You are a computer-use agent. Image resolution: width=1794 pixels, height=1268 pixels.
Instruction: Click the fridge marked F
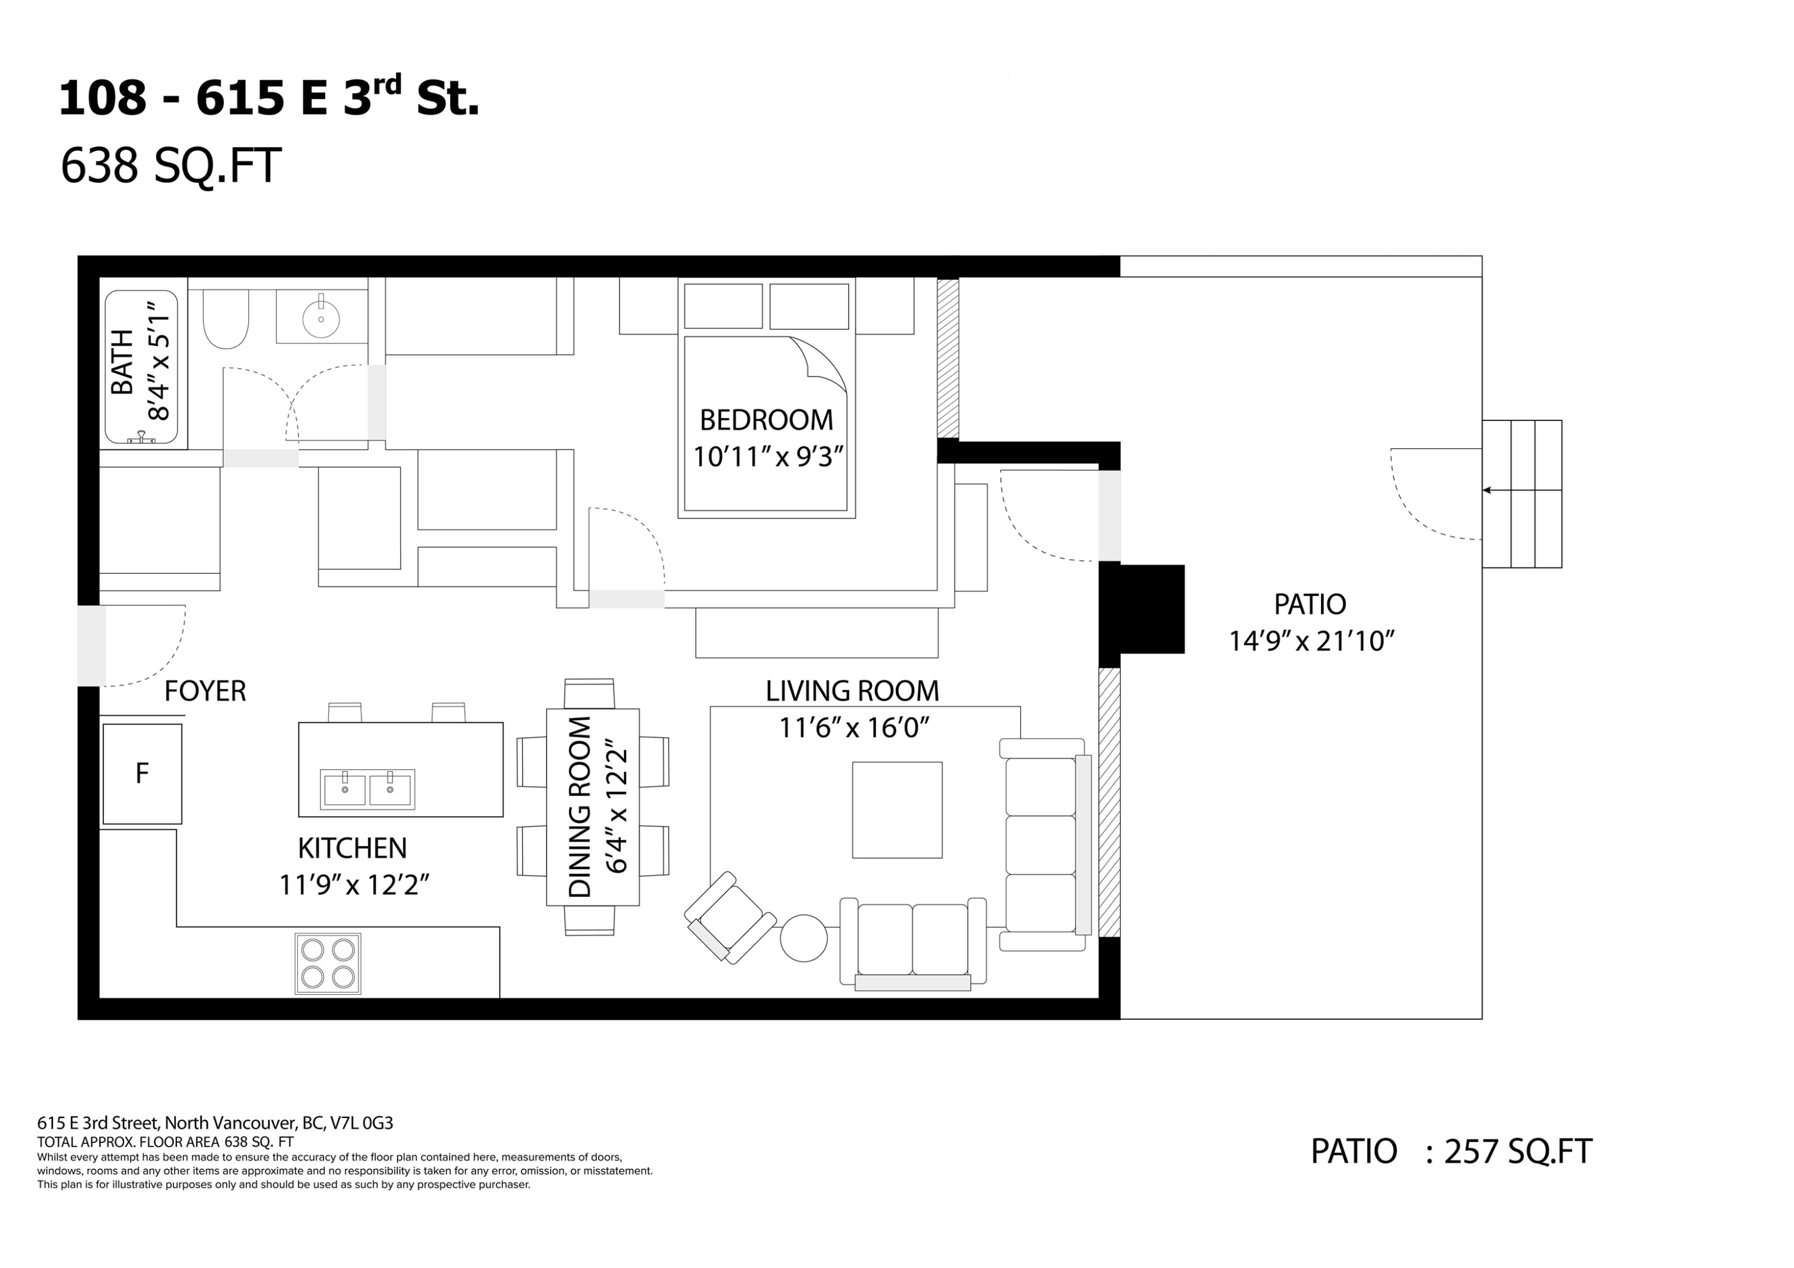[x=142, y=774]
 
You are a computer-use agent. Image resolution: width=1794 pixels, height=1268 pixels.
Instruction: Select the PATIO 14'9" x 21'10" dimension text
[x=1312, y=641]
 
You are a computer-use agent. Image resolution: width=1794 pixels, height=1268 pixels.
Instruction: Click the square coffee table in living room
[x=897, y=810]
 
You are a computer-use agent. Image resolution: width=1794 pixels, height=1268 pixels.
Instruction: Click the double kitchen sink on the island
[x=367, y=789]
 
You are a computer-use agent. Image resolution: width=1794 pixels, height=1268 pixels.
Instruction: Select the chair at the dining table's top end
[x=589, y=693]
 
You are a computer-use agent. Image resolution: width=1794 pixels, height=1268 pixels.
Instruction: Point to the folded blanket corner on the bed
[x=820, y=362]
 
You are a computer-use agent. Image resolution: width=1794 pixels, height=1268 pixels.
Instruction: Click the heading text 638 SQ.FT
[x=170, y=166]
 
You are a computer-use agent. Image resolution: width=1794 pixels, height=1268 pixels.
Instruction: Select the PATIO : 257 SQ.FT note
[x=1450, y=1151]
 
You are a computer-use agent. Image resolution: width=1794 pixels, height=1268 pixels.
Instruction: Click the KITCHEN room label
[x=352, y=848]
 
